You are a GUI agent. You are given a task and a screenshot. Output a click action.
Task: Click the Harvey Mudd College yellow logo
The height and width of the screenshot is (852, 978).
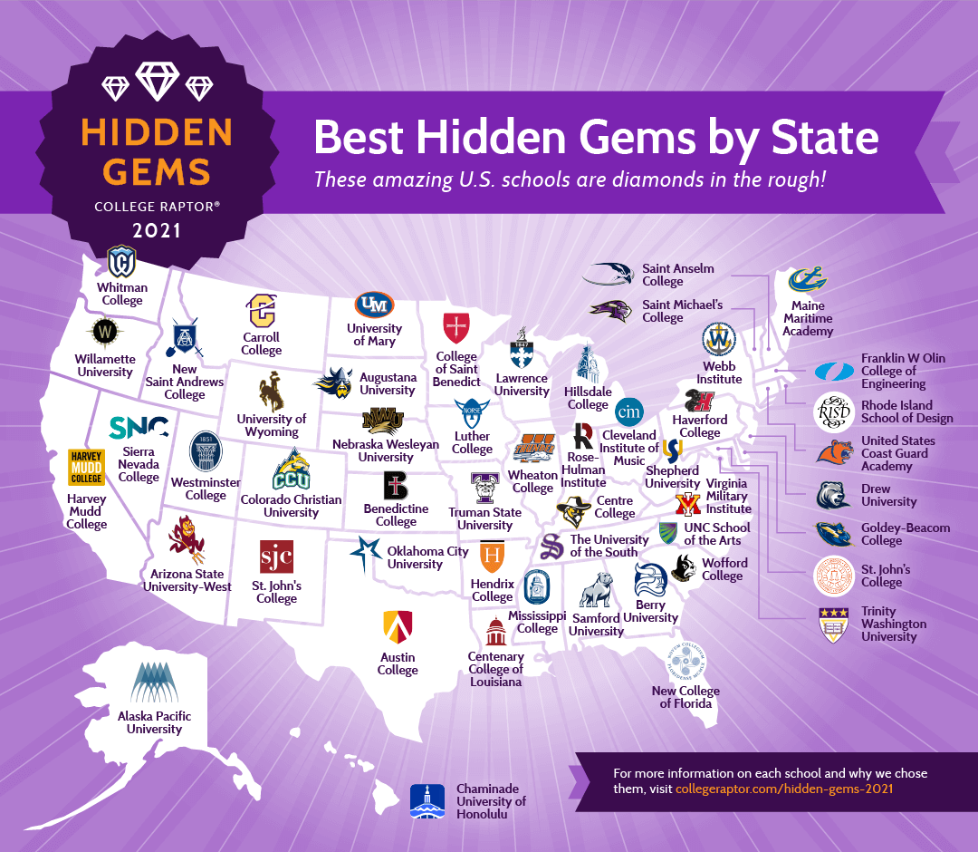coord(86,467)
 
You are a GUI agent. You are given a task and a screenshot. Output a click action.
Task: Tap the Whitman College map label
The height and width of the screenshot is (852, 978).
coord(122,294)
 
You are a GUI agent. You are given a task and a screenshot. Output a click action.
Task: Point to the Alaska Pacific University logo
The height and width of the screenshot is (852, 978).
coord(154,683)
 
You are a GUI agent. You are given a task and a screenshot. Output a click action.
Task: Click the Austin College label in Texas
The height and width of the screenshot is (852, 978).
coord(398,663)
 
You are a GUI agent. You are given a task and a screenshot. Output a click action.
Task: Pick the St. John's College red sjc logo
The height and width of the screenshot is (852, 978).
coord(276,556)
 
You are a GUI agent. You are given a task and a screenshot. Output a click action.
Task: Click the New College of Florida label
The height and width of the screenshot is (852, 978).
coord(686,697)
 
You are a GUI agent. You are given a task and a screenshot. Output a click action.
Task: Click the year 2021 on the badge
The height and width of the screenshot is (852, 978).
coord(157,230)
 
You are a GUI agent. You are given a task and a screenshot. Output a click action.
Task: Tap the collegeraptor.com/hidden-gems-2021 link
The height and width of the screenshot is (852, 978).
coord(784,789)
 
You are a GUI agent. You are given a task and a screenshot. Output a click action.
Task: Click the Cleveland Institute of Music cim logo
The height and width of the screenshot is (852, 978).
coord(628,411)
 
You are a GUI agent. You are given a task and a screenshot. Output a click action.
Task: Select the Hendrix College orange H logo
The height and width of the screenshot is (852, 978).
coord(492,555)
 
